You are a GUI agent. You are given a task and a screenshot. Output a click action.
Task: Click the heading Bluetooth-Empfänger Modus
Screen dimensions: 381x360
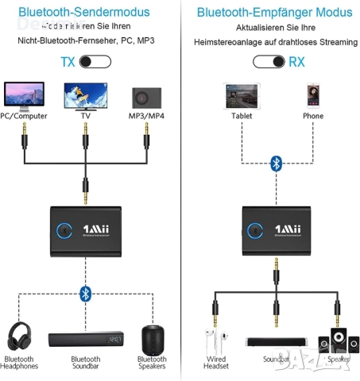274,13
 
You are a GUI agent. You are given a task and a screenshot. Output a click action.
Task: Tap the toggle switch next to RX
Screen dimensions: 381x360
269,61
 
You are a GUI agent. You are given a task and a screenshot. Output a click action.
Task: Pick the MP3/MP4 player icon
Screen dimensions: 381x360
146,96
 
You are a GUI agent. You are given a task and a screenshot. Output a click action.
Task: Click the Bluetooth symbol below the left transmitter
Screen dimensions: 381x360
86,294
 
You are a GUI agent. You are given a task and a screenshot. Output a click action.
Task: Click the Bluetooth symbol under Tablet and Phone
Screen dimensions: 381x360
276,163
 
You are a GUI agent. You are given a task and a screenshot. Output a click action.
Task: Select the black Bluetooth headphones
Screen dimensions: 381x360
24,337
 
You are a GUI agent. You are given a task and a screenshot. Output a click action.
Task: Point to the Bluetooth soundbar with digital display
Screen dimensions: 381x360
86,340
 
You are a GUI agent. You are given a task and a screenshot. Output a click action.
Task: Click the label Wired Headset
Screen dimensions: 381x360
215,363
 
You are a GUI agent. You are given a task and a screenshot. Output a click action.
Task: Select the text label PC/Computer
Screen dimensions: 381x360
25,116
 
